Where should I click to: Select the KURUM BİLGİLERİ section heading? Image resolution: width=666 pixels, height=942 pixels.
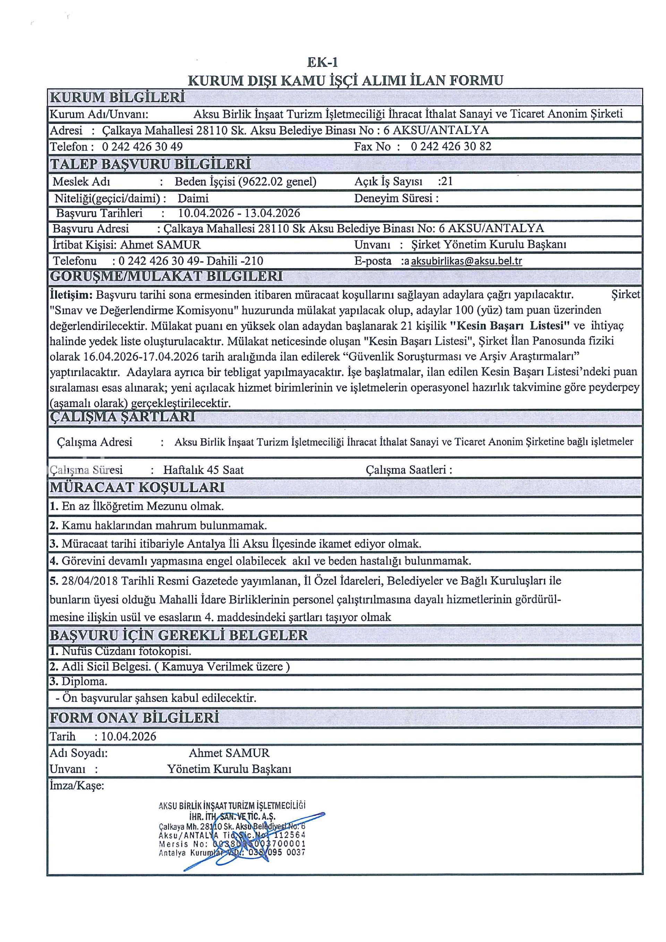pos(117,97)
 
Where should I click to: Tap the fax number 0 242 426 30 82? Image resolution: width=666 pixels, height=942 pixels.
pos(451,146)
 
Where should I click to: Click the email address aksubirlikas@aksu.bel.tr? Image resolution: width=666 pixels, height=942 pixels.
pos(466,261)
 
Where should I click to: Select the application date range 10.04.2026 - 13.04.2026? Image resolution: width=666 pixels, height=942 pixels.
pos(239,213)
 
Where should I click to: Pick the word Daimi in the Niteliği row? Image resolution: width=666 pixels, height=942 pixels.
pos(193,198)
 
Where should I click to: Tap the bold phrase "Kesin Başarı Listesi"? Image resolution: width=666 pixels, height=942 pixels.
pos(510,325)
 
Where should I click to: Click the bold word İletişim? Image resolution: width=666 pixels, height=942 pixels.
pos(71,295)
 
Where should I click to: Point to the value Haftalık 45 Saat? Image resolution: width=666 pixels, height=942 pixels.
pos(203,470)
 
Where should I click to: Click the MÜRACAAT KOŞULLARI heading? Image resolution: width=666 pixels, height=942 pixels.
pos(137,487)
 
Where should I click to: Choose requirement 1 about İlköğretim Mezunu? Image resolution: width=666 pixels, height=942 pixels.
pos(137,506)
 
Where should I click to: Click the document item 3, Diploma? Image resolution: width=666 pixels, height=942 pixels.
pos(78,681)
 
